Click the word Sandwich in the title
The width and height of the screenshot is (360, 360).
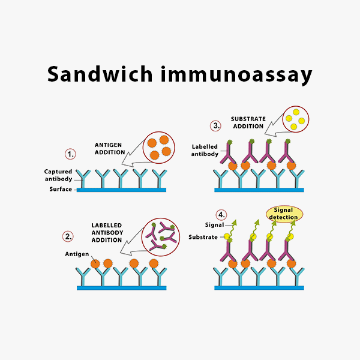point(100,74)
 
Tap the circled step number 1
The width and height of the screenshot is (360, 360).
point(70,154)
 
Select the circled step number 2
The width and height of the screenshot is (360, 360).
point(68,236)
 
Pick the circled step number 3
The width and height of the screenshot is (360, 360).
point(215,125)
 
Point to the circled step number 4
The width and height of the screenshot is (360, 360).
point(221,215)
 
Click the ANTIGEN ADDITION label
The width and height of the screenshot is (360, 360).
point(110,149)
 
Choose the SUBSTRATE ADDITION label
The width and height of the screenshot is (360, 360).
point(248,122)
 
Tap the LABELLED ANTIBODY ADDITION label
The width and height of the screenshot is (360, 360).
point(107,233)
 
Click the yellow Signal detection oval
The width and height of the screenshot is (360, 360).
point(284,214)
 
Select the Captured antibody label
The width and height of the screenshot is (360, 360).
point(58,175)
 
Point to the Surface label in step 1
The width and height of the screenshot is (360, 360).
point(61,189)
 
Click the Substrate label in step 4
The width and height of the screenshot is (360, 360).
point(203,237)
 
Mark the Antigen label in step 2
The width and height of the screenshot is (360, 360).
point(77,254)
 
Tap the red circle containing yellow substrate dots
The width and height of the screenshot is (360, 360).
point(295,119)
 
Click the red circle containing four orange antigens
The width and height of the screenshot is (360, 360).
point(159,148)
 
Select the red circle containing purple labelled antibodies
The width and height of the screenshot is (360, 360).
point(161,237)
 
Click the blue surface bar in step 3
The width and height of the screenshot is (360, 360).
point(259,190)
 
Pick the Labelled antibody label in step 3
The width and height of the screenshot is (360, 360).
point(205,150)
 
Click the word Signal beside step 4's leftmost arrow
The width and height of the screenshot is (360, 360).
point(214,225)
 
